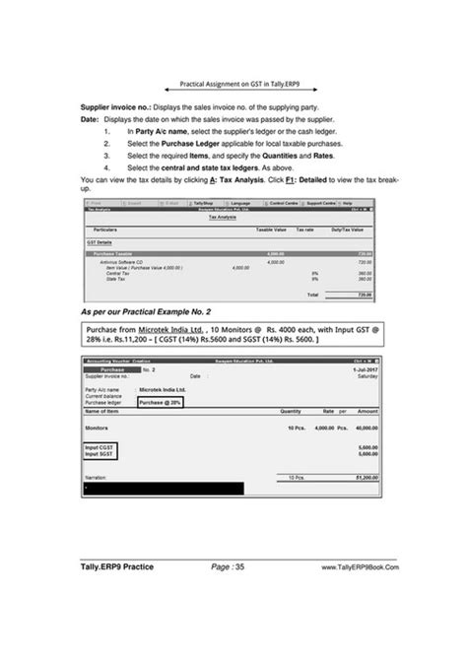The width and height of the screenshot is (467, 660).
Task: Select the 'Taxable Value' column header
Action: point(271,229)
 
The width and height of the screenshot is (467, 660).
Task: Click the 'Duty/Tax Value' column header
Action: point(351,229)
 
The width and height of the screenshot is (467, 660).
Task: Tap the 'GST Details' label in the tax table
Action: point(99,241)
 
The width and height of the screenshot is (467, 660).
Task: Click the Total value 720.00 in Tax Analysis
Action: point(362,294)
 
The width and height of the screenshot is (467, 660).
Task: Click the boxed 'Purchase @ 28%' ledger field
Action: point(160,403)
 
